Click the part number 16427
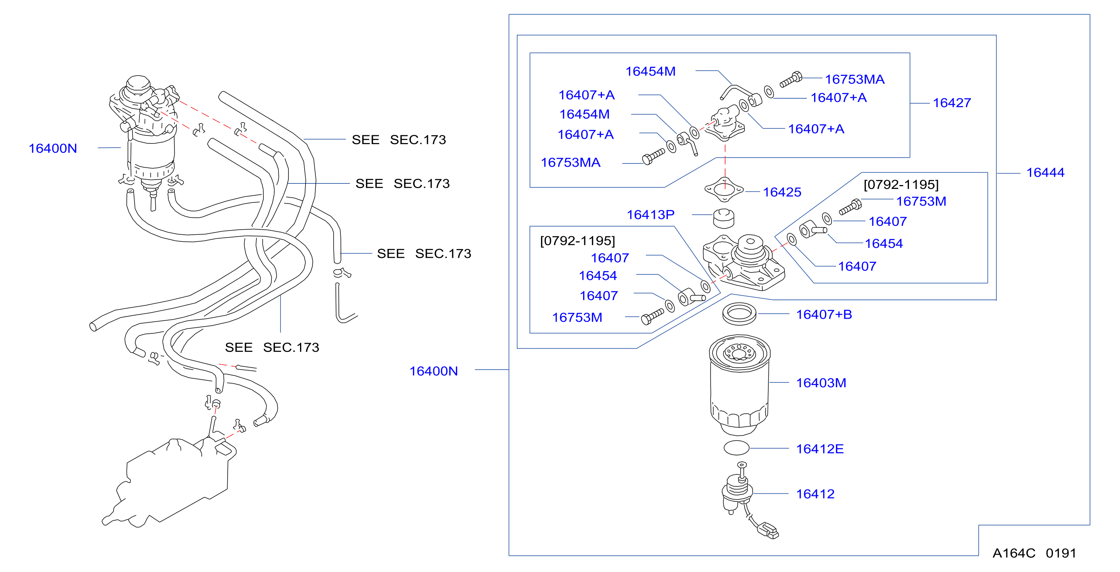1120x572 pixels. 952,103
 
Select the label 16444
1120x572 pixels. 1045,173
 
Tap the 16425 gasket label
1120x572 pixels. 782,192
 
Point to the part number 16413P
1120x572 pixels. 651,215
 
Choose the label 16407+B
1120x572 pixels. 824,315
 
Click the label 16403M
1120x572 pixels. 821,383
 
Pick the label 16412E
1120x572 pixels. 820,449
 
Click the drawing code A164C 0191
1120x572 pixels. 1034,553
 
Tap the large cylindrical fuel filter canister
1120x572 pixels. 739,385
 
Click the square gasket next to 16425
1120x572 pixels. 724,190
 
